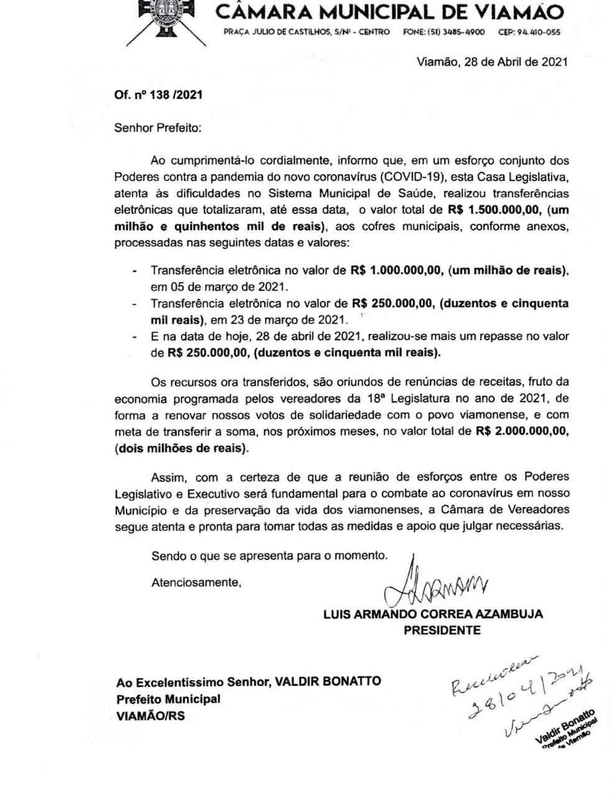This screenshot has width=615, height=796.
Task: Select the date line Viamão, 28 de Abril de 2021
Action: point(491,62)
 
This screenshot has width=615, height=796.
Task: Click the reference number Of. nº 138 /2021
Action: point(158,95)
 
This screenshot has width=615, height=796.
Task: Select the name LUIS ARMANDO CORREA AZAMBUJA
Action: point(433,614)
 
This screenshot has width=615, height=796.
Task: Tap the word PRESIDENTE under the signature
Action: point(442,630)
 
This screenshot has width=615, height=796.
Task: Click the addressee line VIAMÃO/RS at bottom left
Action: point(150,716)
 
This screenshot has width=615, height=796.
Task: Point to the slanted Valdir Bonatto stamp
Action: point(563,727)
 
